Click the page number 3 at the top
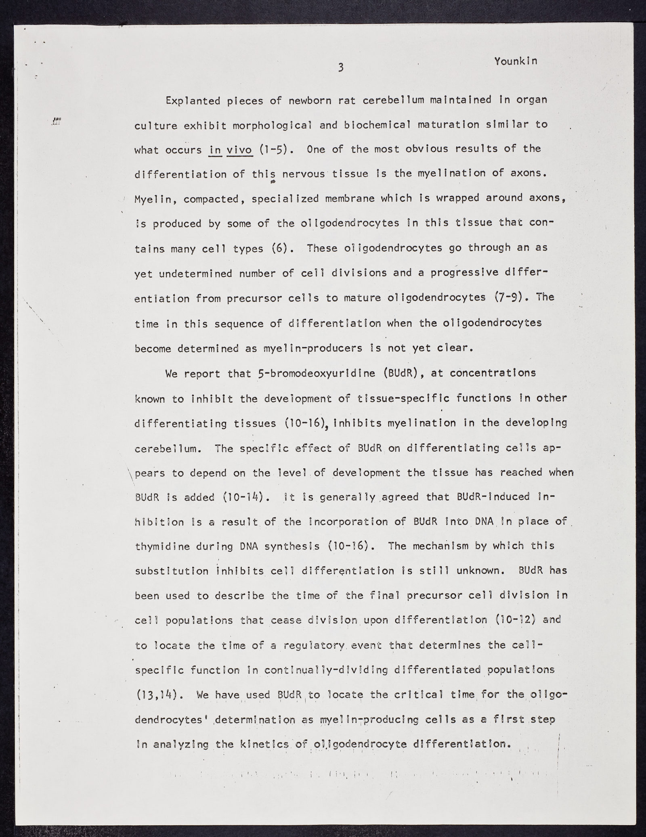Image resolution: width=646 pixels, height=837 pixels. point(341,68)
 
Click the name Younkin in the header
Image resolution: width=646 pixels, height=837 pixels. point(516,61)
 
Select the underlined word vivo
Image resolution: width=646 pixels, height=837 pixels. point(239,150)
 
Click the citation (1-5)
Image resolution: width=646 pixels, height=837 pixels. point(274,150)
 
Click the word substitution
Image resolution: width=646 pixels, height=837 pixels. point(171,572)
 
